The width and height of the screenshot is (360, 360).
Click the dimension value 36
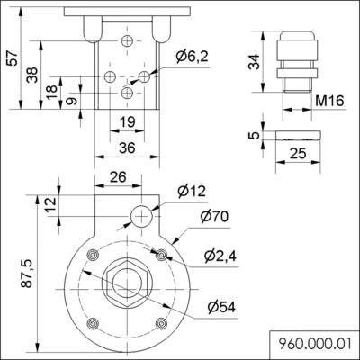coord(126,148)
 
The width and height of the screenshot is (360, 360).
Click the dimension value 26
coord(117,177)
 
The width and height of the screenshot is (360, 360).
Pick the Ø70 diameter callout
coord(215,217)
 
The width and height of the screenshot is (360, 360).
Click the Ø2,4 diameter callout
coord(220,257)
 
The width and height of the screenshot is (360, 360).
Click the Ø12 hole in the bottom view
coord(142,213)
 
